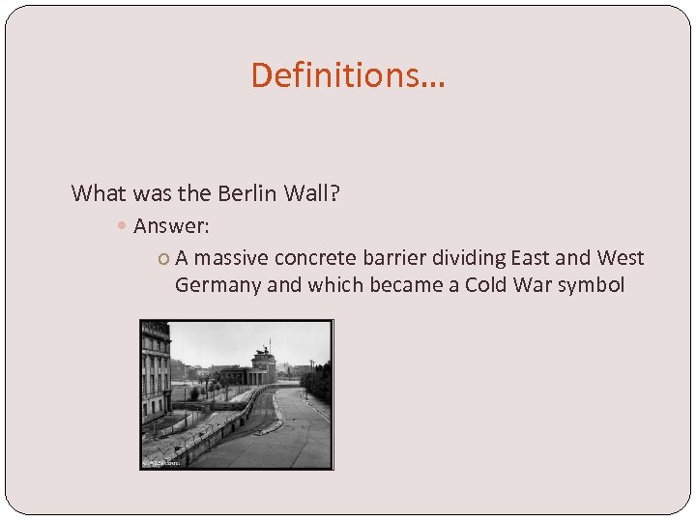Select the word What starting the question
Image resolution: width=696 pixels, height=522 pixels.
pos(99,193)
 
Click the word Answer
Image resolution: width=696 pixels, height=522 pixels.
pos(171,226)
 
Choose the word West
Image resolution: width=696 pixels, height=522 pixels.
pos(621,258)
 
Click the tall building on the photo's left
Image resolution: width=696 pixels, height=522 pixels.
pos(155,372)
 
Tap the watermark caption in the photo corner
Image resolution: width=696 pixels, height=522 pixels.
pos(161,464)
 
